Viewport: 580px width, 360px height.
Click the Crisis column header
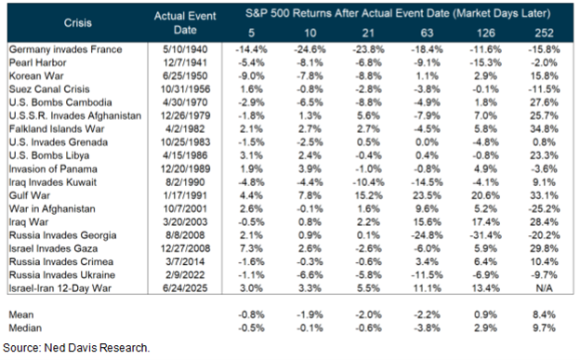point(77,20)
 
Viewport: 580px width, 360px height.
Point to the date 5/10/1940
point(185,47)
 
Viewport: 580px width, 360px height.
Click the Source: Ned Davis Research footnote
point(76,348)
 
